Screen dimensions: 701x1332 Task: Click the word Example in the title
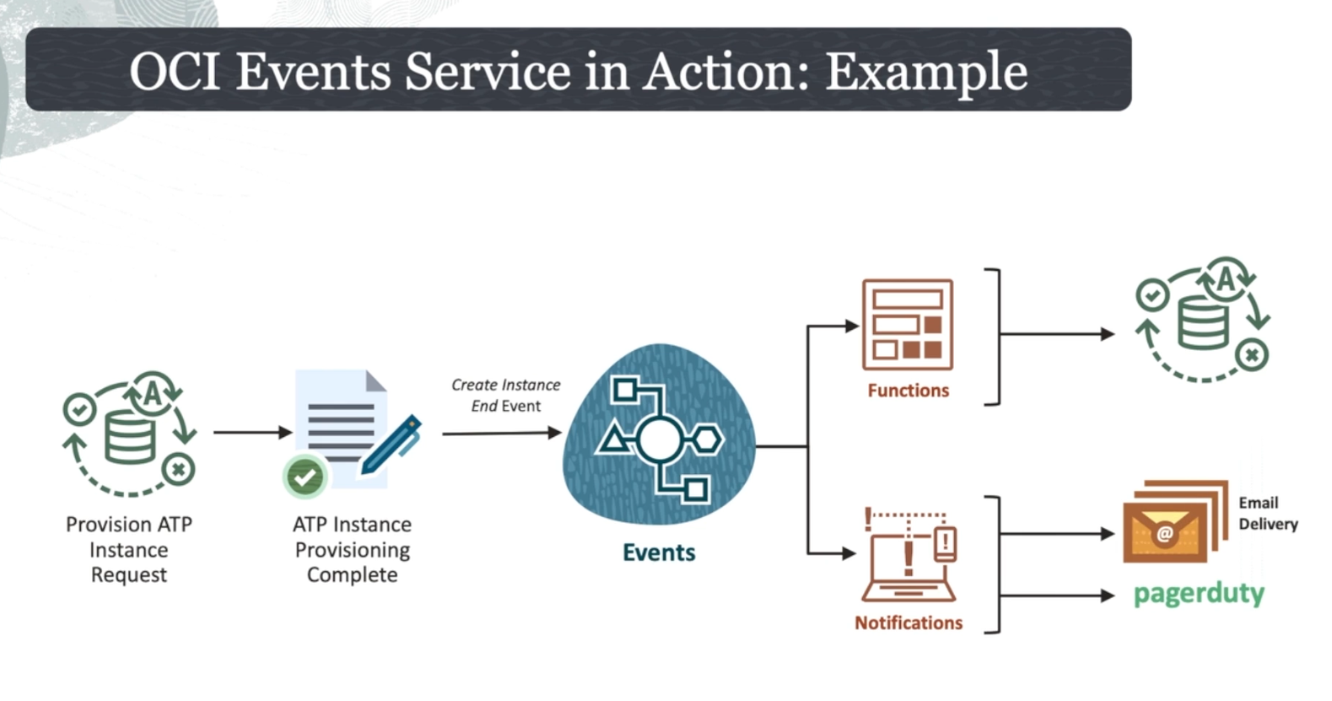click(x=926, y=72)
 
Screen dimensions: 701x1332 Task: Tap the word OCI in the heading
click(x=175, y=72)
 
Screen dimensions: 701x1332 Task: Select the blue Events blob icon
click(x=659, y=435)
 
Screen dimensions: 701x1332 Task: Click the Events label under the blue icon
click(x=659, y=553)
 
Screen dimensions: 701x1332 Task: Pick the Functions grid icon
click(x=908, y=326)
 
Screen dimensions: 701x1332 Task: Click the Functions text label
click(x=908, y=391)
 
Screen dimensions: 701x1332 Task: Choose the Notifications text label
click(x=909, y=623)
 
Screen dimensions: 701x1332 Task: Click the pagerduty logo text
click(x=1198, y=594)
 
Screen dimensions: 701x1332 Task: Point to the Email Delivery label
click(x=1267, y=513)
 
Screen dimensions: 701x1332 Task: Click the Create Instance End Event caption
click(x=505, y=395)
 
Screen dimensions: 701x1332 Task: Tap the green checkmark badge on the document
click(x=305, y=477)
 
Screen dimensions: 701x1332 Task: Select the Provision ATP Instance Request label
click(x=129, y=549)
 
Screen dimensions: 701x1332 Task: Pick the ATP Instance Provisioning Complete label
click(x=352, y=549)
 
